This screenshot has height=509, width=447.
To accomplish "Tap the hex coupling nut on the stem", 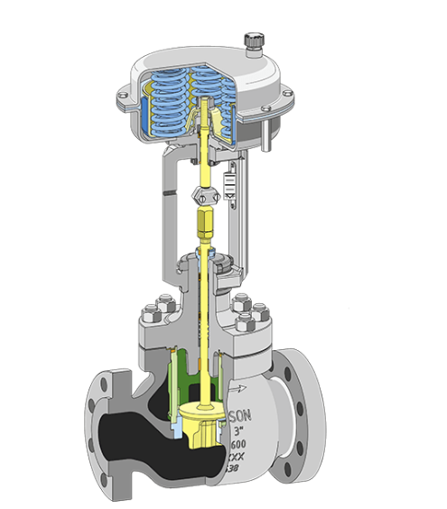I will tap(203, 195).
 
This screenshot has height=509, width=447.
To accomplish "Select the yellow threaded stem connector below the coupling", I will tap(205, 221).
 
